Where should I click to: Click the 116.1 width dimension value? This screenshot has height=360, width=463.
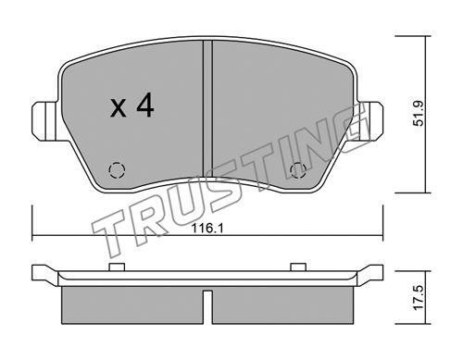click(x=207, y=229)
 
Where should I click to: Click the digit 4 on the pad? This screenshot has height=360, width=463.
click(x=144, y=106)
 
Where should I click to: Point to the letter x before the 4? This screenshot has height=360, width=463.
click(x=119, y=108)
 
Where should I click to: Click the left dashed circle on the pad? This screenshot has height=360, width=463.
click(x=117, y=170)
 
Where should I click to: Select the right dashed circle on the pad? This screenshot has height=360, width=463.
click(x=298, y=170)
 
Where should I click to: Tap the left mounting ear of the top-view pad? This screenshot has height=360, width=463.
click(x=44, y=121)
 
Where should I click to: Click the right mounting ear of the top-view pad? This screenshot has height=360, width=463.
click(x=370, y=121)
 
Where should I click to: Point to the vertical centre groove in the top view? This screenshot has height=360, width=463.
click(x=207, y=109)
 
